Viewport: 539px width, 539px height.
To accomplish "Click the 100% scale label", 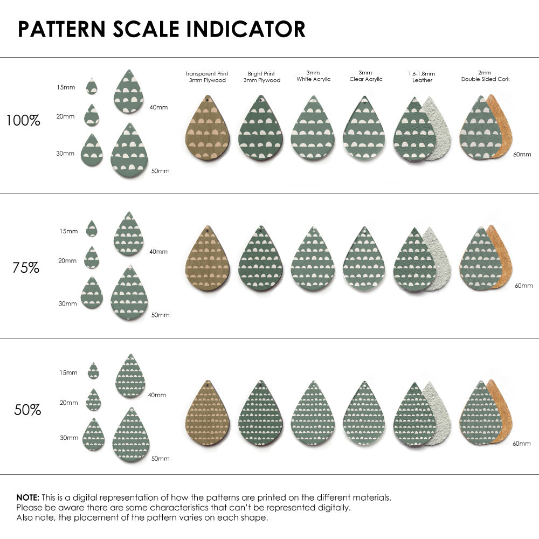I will pos(23,120).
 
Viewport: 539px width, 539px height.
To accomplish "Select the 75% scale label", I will pos(26,267).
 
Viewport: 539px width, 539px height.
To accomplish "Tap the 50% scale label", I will pos(27,410).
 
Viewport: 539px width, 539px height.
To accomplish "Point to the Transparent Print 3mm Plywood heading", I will pos(206,77).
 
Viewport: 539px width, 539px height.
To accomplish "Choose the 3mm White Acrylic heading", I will pos(313,75).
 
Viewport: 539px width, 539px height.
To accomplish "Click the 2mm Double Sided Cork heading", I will pos(485,75).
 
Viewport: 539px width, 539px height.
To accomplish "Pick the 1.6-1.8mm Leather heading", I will pos(422,77).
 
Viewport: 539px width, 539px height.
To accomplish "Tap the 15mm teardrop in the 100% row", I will pos(92,86).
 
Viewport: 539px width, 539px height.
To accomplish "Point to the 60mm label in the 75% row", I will pos(523,285).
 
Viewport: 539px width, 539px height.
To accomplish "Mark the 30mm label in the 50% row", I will pos(69,438).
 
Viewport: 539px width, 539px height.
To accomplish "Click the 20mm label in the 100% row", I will pos(66,116).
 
